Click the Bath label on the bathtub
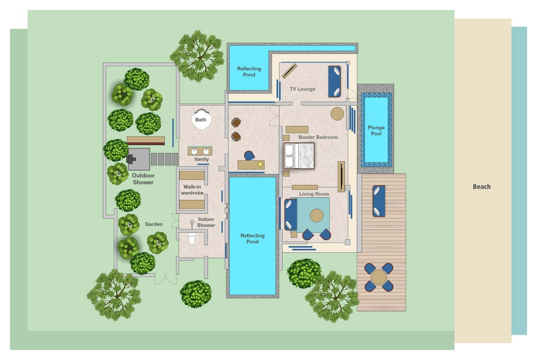pyautogui.click(x=201, y=120)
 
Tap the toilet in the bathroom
pyautogui.click(x=192, y=239)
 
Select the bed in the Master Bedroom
pyautogui.click(x=299, y=156)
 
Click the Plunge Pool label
pyautogui.click(x=376, y=131)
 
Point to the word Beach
pyautogui.click(x=482, y=187)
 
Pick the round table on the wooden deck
pyautogui.click(x=379, y=277)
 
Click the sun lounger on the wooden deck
pyautogui.click(x=379, y=201)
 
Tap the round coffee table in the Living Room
pyautogui.click(x=317, y=215)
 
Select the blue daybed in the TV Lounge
pyautogui.click(x=334, y=82)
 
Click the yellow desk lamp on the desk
pyautogui.click(x=260, y=165)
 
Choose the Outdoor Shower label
pyautogui.click(x=143, y=179)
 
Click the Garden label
pyautogui.click(x=154, y=224)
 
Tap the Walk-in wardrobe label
pyautogui.click(x=192, y=190)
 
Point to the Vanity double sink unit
pyautogui.click(x=200, y=151)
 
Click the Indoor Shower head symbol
pyautogui.click(x=192, y=223)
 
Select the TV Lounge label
pyautogui.click(x=303, y=89)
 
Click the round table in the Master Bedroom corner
pyautogui.click(x=337, y=114)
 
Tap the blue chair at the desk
pyautogui.click(x=249, y=156)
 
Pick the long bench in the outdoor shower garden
pyautogui.click(x=146, y=141)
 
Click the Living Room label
pyautogui.click(x=314, y=194)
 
